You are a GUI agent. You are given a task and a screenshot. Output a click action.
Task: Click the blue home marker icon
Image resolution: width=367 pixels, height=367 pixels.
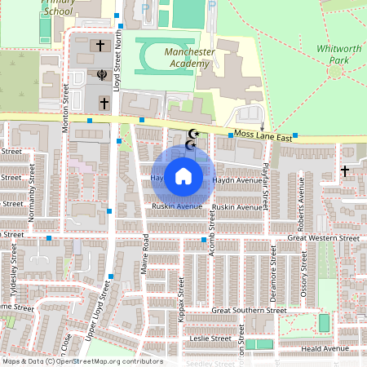[x=183, y=175]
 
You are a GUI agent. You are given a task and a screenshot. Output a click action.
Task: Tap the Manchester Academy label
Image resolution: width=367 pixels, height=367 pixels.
[x=189, y=57]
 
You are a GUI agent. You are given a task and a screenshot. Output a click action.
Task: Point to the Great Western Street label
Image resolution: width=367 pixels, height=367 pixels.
[x=323, y=238]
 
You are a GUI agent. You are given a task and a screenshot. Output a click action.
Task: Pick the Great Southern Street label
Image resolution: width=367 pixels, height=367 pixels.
[x=249, y=310]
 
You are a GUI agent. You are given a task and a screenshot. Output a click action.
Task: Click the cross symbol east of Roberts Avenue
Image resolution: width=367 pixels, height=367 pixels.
[x=346, y=170]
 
